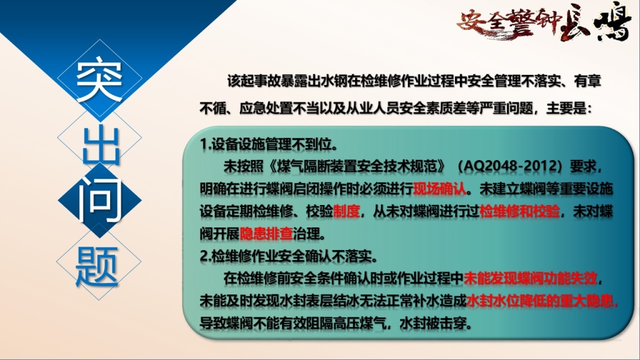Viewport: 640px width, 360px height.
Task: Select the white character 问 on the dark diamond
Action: click(99, 199)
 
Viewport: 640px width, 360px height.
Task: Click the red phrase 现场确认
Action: click(440, 189)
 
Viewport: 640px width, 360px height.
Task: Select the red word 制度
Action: click(346, 211)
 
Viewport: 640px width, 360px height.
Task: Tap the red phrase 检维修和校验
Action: click(519, 211)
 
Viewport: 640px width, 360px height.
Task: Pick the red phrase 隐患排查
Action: click(266, 234)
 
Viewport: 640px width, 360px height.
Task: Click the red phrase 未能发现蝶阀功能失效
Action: click(530, 278)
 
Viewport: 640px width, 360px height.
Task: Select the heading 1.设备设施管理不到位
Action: click(269, 144)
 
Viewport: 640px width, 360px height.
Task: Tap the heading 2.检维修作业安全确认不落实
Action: click(289, 256)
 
